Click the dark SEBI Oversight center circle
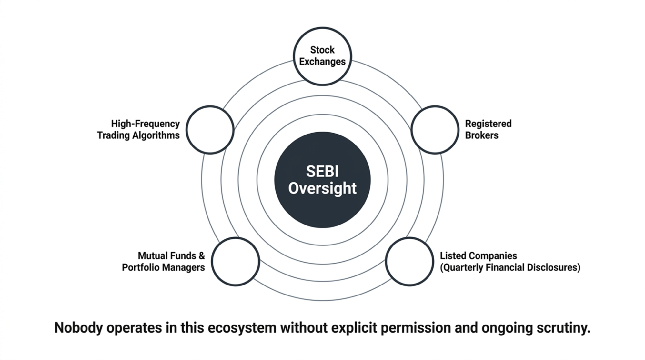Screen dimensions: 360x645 pyautogui.click(x=322, y=206)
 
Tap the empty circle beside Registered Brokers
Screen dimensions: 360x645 pyautogui.click(x=435, y=130)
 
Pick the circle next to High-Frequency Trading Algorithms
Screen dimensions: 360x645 pyautogui.click(x=210, y=130)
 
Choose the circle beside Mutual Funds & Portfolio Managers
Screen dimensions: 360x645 pyautogui.click(x=235, y=261)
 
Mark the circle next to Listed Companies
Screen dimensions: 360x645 pyautogui.click(x=409, y=261)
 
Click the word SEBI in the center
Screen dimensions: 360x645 pyautogui.click(x=322, y=171)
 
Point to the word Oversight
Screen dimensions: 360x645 pyautogui.click(x=322, y=188)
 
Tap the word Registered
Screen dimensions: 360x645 pyautogui.click(x=488, y=124)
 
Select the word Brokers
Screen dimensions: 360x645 pyautogui.click(x=481, y=135)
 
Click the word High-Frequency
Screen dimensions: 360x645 pyautogui.click(x=145, y=124)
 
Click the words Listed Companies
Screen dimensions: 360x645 pyautogui.click(x=478, y=256)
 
